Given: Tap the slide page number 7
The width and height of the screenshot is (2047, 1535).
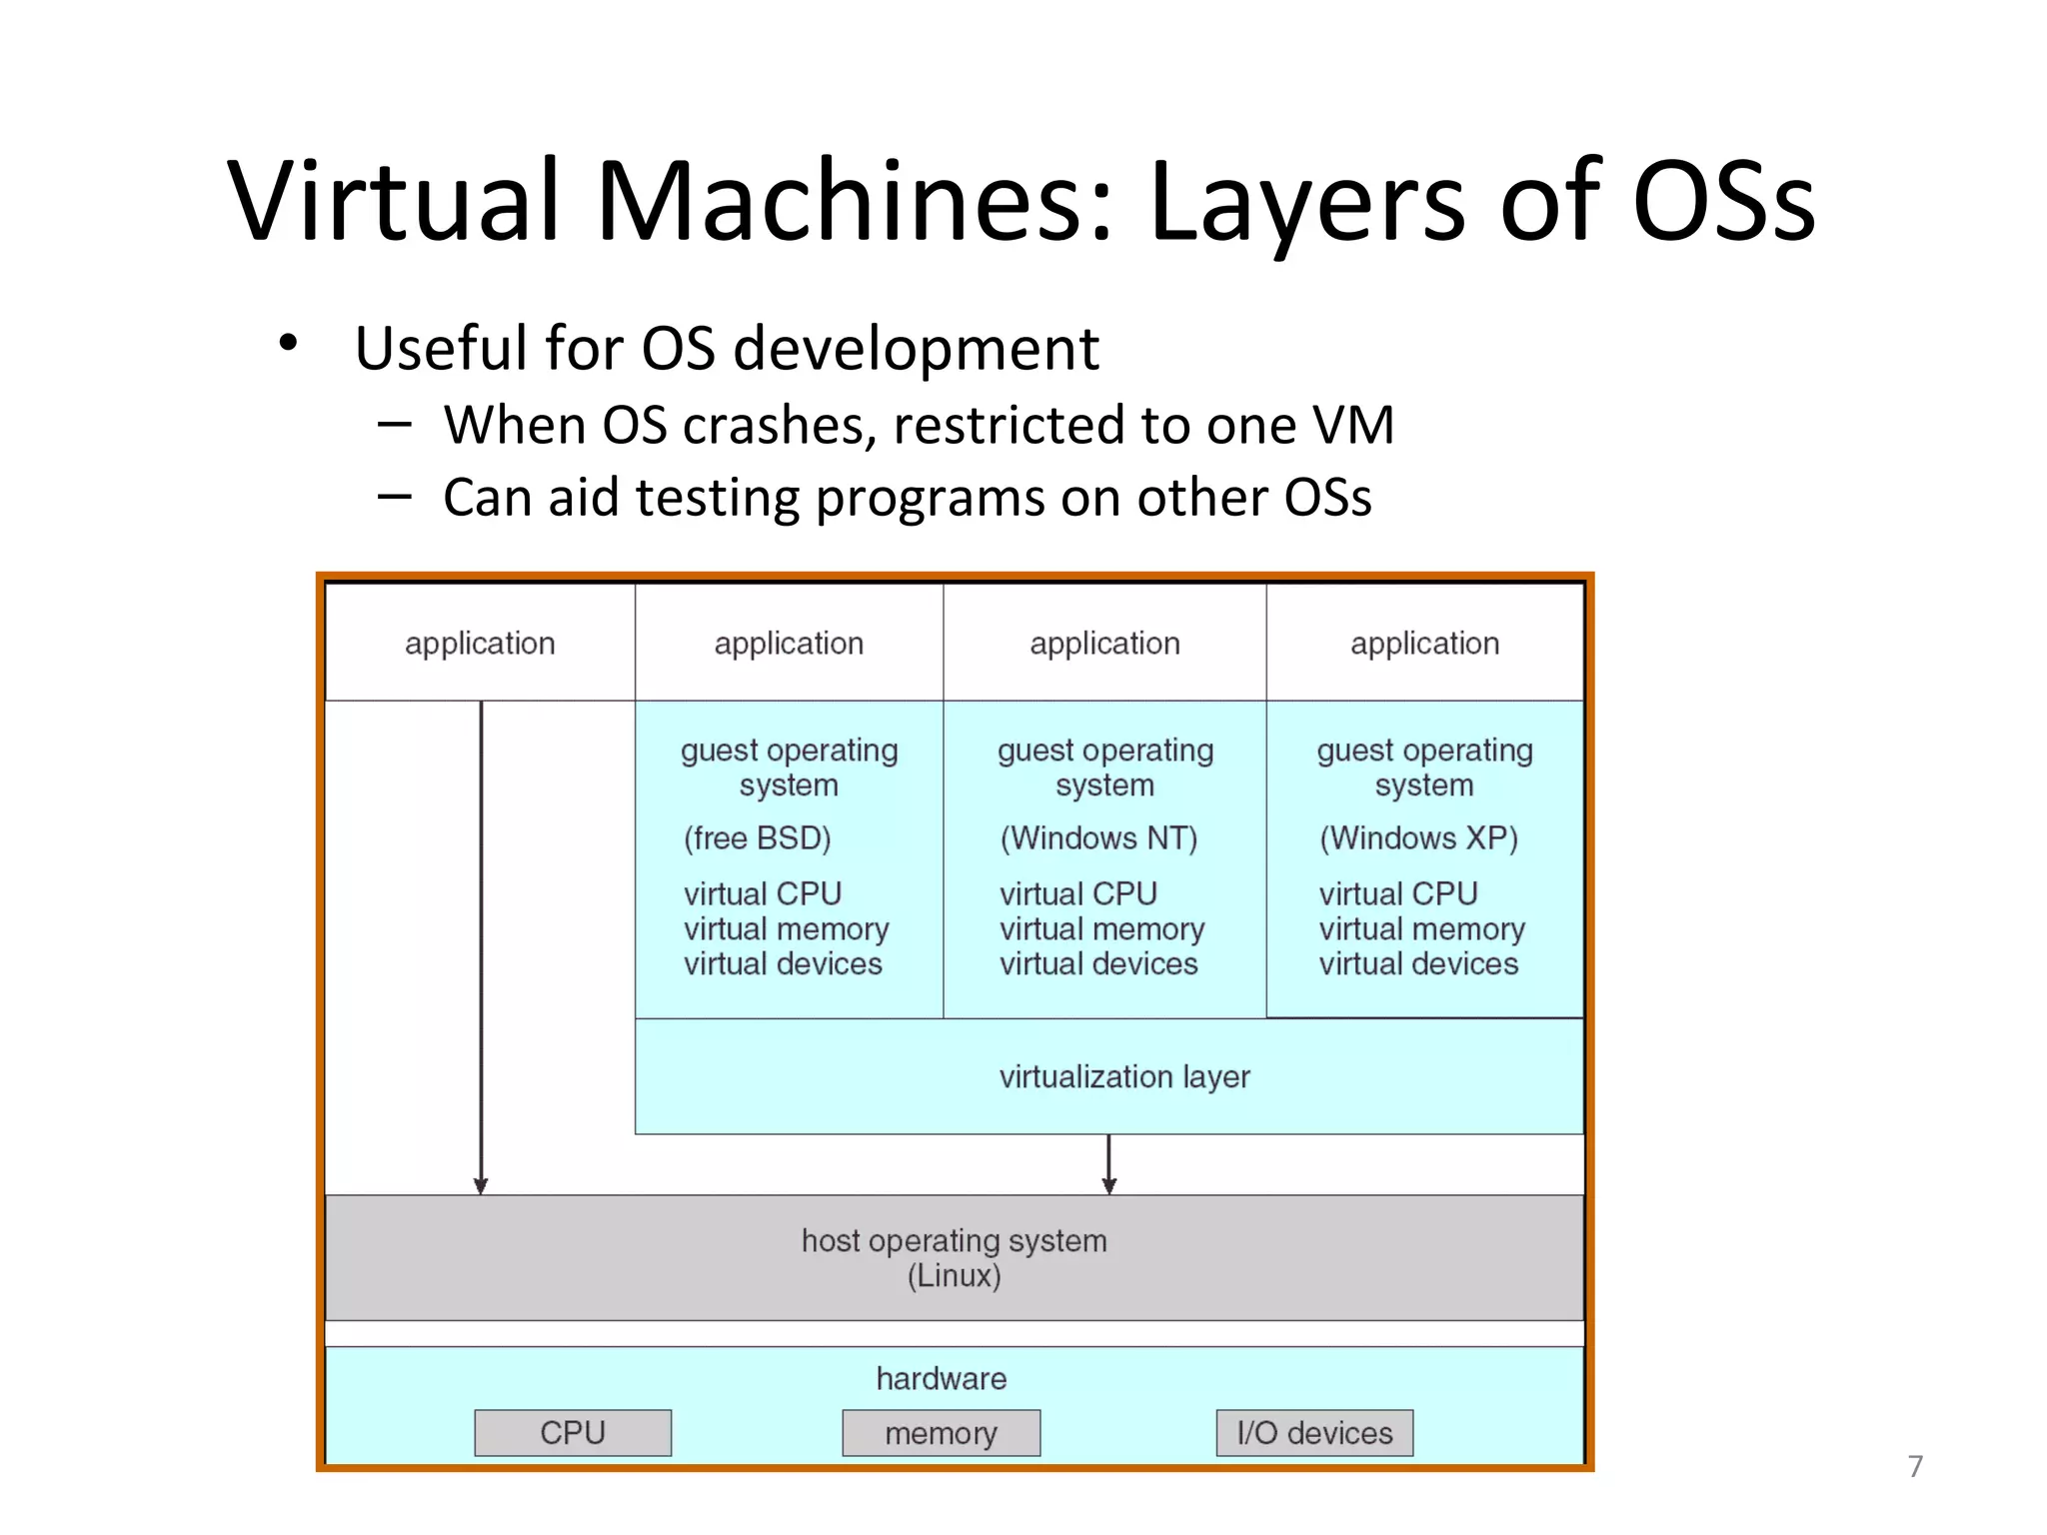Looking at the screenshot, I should [1915, 1466].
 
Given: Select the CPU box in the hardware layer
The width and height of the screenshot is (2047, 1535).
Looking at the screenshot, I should [573, 1433].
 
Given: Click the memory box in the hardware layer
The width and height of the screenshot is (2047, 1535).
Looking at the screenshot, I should [941, 1433].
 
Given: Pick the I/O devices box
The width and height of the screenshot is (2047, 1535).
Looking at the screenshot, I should [1314, 1433].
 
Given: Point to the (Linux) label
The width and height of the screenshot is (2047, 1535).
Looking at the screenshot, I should [954, 1276].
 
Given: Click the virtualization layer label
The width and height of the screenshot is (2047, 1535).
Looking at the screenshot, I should [1124, 1076].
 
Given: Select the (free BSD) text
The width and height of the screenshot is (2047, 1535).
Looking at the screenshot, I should [757, 837].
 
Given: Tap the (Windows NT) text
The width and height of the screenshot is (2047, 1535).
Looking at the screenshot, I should [1098, 837].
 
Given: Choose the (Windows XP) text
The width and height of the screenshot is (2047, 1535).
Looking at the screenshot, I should [1418, 837].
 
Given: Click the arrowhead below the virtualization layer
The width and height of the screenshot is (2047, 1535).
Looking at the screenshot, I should [1108, 1185].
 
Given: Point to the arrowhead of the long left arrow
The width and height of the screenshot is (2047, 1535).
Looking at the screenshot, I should [481, 1185].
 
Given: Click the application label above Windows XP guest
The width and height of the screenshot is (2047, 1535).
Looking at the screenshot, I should [1424, 644].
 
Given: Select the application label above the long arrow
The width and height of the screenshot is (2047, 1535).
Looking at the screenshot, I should [480, 644].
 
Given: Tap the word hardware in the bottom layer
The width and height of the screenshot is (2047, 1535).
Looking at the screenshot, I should [941, 1379].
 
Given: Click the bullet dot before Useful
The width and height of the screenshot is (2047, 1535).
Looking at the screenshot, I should [288, 343].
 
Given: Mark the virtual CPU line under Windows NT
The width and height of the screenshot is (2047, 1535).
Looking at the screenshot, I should [1077, 893].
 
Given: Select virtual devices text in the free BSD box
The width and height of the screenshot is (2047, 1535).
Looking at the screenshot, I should [783, 964].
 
